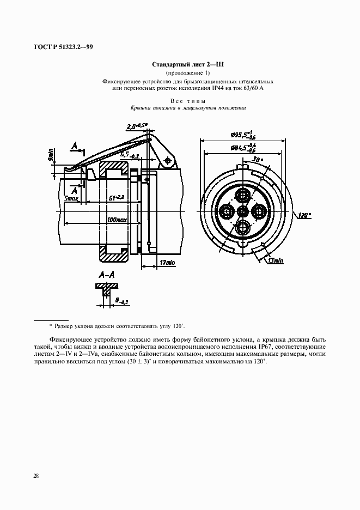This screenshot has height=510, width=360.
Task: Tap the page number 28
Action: pyautogui.click(x=35, y=476)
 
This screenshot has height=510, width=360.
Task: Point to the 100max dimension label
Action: pyautogui.click(x=117, y=220)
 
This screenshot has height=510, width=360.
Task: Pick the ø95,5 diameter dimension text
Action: pyautogui.click(x=242, y=135)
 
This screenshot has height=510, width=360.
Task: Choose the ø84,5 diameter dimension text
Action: pyautogui.click(x=243, y=147)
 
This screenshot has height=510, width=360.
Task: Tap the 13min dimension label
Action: pyautogui.click(x=276, y=261)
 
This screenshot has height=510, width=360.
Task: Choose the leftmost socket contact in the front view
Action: pyautogui.click(x=225, y=211)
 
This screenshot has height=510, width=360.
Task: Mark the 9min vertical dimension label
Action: pyautogui.click(x=51, y=156)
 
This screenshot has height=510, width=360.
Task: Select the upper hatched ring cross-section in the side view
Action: pyautogui.click(x=114, y=174)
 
